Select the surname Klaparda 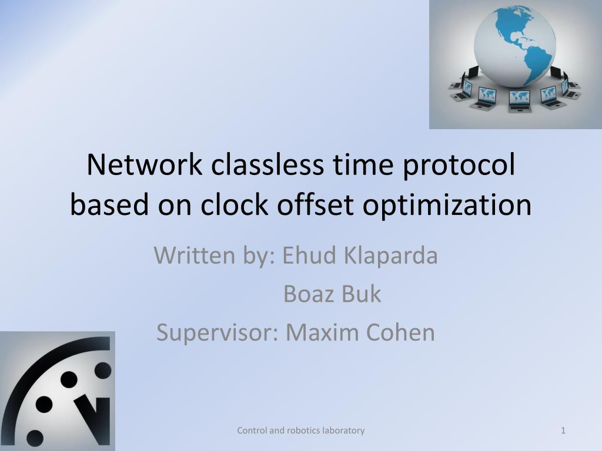[390, 257]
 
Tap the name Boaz [309, 294]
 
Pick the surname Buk [362, 294]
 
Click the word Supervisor [217, 333]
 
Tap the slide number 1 [563, 430]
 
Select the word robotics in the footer [304, 430]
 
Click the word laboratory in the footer [344, 430]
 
